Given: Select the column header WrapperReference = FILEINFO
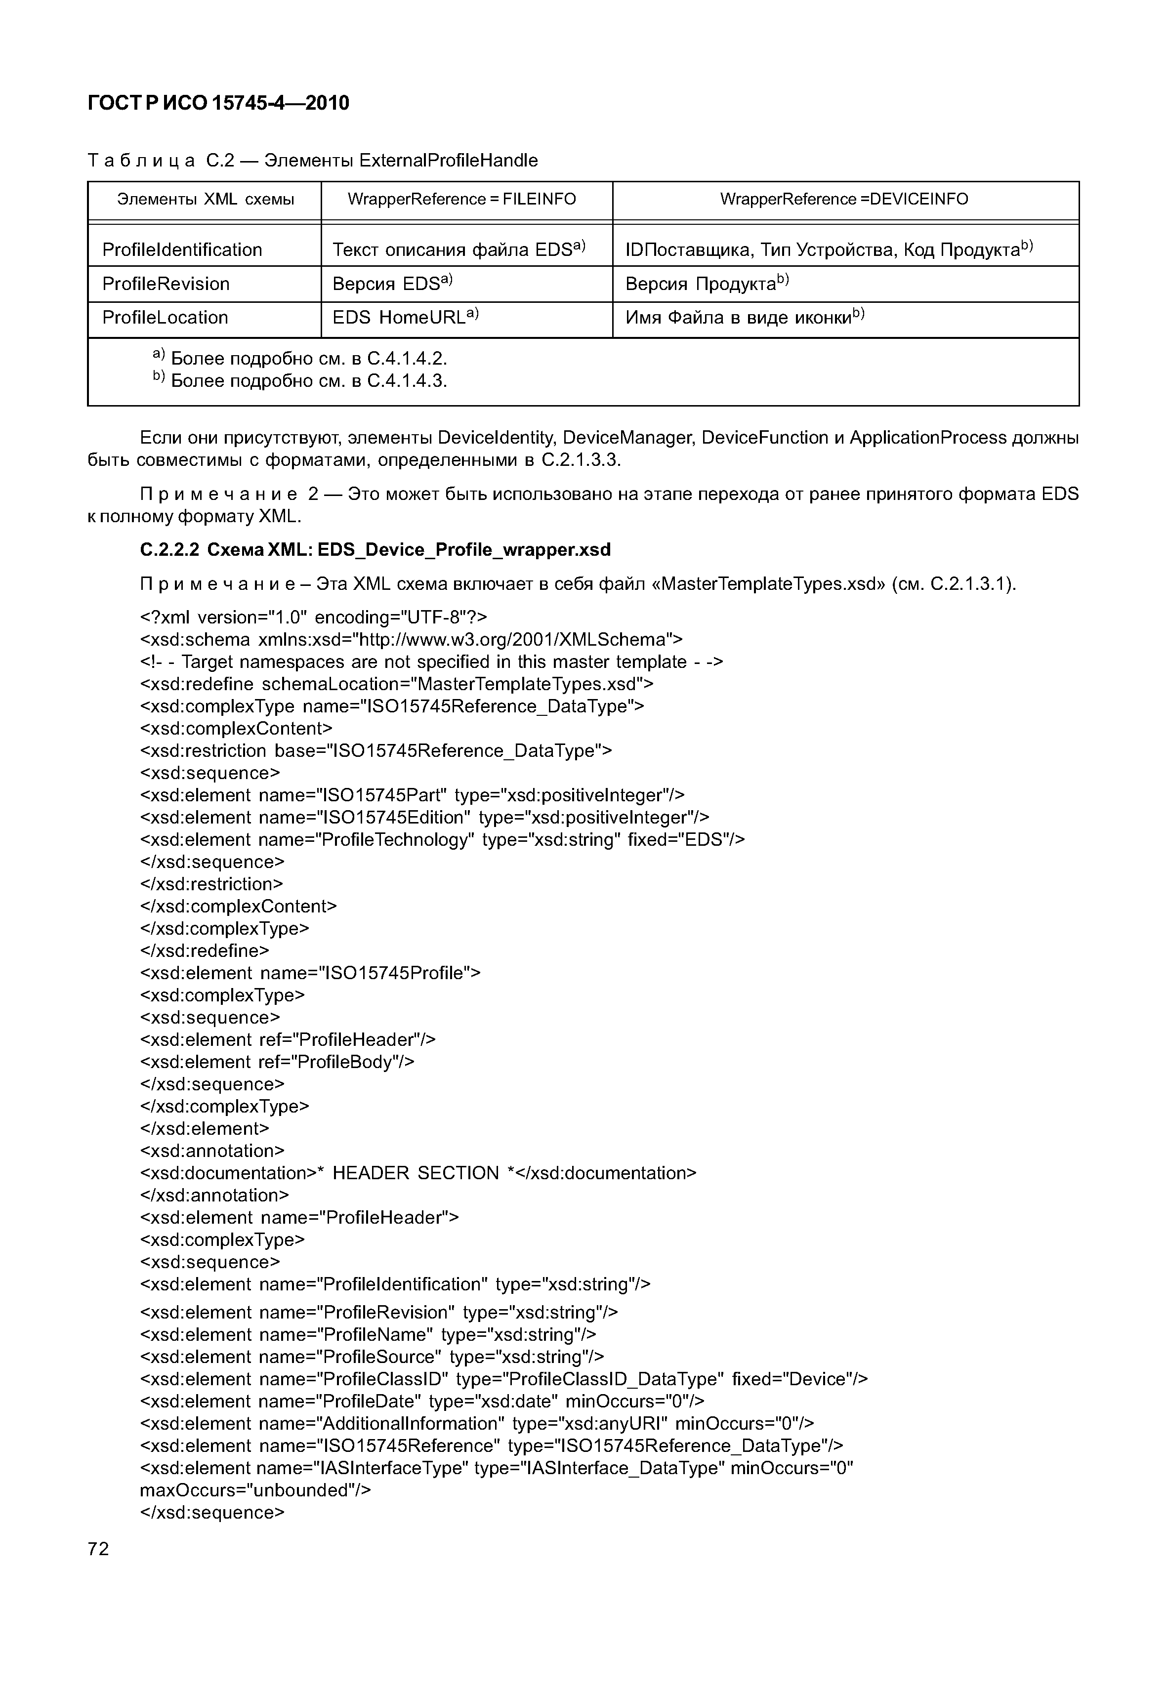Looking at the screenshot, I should coord(461,199).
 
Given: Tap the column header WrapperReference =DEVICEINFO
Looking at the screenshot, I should coord(844,199).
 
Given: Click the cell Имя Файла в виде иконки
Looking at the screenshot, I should coord(745,317).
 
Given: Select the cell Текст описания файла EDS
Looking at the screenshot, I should coord(458,250).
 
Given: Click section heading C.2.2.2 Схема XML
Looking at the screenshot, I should coord(375,549).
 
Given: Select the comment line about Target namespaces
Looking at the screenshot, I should coord(431,662).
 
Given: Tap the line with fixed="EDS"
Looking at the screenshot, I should coord(442,839).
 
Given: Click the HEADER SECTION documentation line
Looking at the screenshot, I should coord(417,1173).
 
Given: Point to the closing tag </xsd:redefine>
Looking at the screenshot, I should coord(205,950).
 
